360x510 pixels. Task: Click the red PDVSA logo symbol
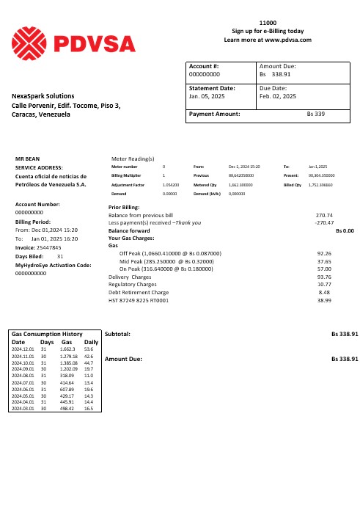34,41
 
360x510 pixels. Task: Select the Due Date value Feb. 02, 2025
279,96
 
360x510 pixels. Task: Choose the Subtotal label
119,334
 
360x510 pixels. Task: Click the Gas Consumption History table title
47,334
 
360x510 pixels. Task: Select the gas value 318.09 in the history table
69,374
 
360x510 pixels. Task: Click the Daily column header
92,342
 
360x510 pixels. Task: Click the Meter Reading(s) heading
133,158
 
